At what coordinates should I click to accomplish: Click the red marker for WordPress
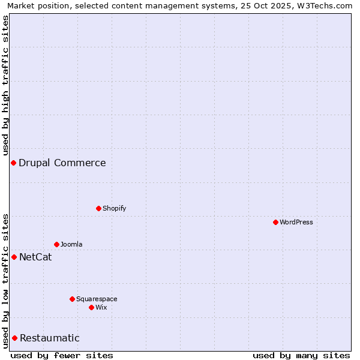275,222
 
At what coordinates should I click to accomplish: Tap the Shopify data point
98,208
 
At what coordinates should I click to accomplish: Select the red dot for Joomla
56,244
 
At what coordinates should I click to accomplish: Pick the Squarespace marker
72,299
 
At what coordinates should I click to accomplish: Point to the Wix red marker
91,307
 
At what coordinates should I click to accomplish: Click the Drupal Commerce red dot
13,163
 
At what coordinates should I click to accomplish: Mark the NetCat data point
14,257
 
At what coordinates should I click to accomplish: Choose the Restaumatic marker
14,338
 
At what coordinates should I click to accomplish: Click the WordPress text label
296,222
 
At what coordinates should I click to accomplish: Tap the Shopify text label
115,208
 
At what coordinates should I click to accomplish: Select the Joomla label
71,244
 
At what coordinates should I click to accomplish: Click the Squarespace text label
97,299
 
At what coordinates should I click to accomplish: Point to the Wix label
101,307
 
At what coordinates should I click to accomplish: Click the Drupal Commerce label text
62,163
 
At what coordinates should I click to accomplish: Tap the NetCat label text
35,257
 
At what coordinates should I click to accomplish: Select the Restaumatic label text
50,338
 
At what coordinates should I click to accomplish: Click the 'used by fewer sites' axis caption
62,355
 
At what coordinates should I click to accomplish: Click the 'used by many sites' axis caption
301,355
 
